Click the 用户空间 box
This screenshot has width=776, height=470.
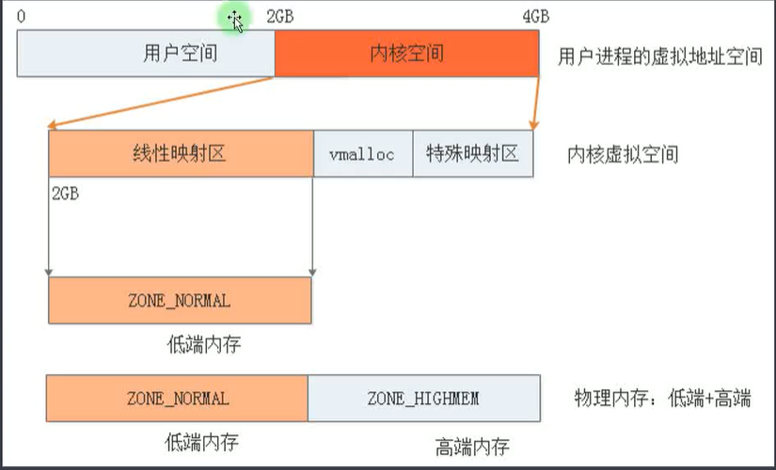click(146, 53)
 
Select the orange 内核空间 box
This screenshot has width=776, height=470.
click(406, 53)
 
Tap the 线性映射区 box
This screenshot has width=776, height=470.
click(181, 153)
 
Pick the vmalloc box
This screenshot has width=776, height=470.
click(362, 154)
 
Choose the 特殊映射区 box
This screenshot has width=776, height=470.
click(472, 153)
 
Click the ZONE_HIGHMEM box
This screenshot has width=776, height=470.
click(423, 399)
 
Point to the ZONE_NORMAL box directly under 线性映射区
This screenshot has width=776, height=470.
click(179, 301)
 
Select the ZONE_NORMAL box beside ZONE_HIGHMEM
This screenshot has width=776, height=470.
click(177, 399)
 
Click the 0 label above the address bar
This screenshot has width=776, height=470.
click(22, 17)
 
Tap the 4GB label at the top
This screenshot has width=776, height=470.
click(535, 17)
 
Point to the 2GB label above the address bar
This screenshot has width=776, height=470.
click(280, 17)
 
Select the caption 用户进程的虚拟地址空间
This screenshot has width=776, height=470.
click(659, 55)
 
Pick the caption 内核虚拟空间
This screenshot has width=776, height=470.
click(622, 154)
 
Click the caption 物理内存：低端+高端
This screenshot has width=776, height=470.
click(662, 399)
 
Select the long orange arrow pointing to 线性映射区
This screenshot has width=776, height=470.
click(160, 102)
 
